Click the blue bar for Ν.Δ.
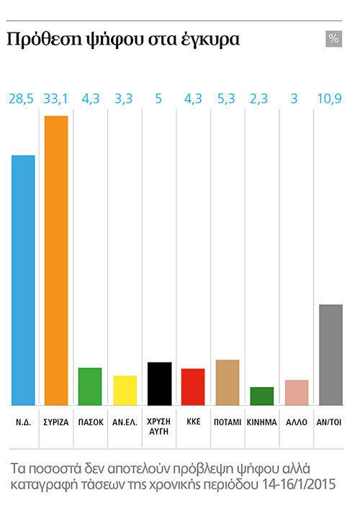point(23,280)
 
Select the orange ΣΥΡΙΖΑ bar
point(56,260)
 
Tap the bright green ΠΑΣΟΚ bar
point(90,386)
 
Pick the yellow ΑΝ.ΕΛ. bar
point(125,391)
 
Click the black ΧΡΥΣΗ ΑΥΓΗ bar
point(160,384)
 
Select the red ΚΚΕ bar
point(193,387)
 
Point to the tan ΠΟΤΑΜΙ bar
point(228,383)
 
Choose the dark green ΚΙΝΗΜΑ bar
point(262,396)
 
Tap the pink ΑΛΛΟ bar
point(297,393)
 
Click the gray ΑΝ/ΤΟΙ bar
point(330,355)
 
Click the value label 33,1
point(55,99)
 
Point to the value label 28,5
point(21,99)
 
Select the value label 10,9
point(330,99)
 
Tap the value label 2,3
point(258,99)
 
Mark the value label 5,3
point(226,99)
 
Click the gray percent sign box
point(333,39)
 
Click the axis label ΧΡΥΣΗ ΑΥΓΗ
point(159,427)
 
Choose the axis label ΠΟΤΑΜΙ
point(228,422)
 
